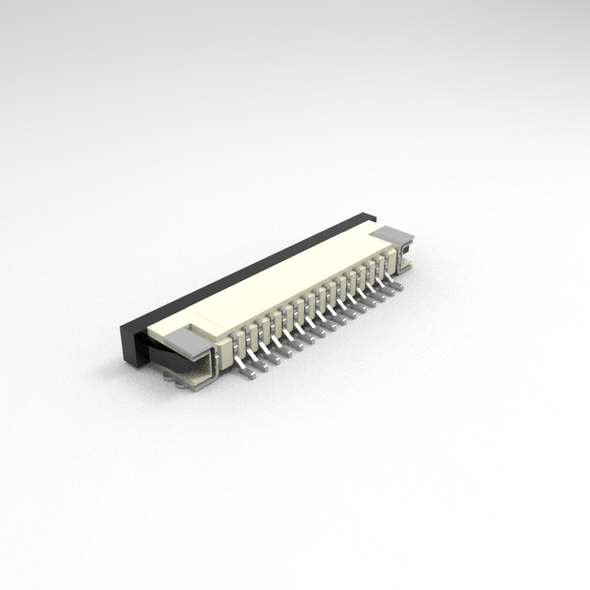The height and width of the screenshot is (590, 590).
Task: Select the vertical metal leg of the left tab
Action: coord(210,366)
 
